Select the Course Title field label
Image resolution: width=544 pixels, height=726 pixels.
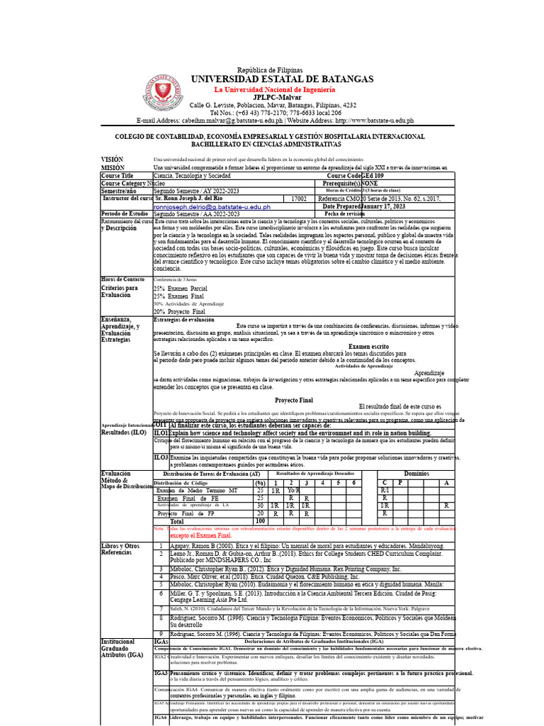(x=118, y=175)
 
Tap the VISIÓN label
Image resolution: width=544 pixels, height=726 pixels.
(x=112, y=160)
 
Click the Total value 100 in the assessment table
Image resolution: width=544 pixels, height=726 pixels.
(x=260, y=520)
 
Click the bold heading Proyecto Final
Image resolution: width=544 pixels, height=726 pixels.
(x=294, y=401)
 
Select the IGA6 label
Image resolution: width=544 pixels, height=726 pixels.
(x=161, y=718)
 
